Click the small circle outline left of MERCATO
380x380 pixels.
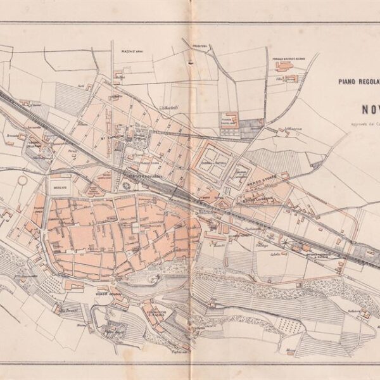[x=23, y=181]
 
